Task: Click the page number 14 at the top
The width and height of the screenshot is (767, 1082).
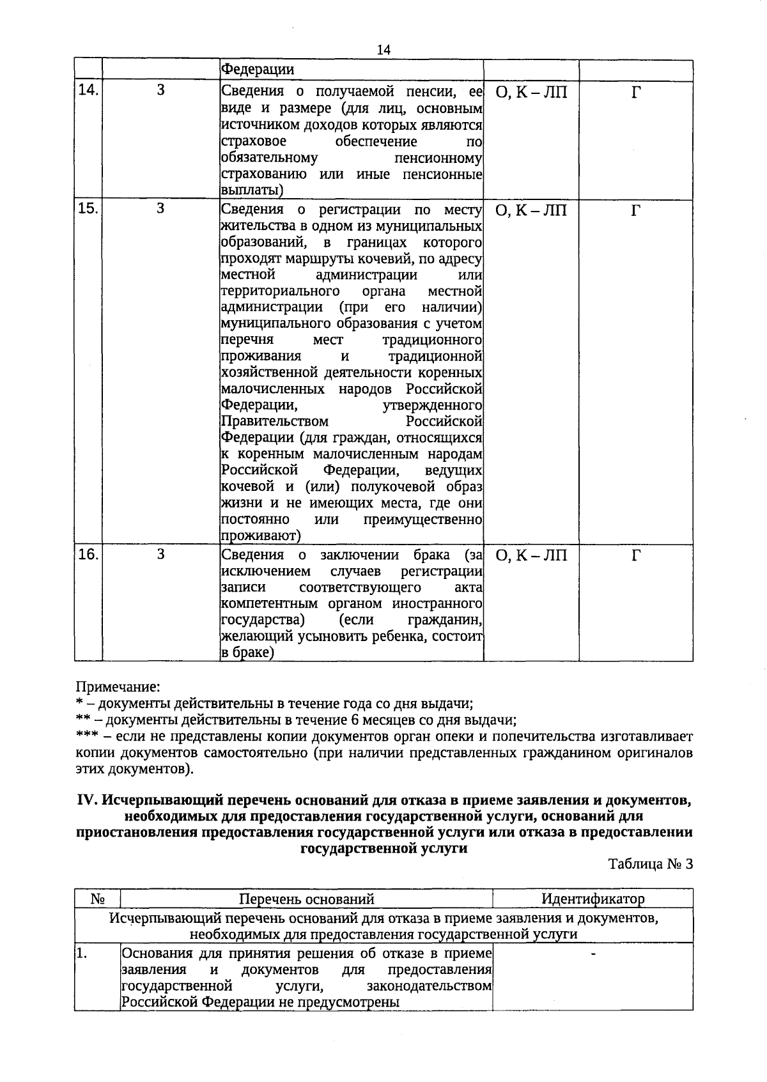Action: click(x=383, y=50)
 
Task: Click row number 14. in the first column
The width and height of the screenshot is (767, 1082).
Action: click(x=88, y=90)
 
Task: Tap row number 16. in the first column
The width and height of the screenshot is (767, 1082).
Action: click(x=88, y=554)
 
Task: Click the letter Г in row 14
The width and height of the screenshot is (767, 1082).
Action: click(x=635, y=93)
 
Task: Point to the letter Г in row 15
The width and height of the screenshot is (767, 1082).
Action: click(x=635, y=211)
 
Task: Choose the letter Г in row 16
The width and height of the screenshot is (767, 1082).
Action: click(x=635, y=556)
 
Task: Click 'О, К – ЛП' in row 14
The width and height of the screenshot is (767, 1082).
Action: click(x=531, y=93)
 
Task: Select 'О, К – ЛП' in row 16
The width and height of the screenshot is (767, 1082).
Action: click(x=531, y=556)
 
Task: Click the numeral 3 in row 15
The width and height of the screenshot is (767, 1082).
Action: click(x=160, y=209)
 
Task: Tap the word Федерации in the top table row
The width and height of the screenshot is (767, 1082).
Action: click(x=258, y=70)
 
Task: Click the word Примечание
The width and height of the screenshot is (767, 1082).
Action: click(x=118, y=687)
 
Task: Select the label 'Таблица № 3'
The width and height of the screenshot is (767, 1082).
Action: click(x=651, y=864)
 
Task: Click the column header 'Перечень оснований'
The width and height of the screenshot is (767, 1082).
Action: click(x=306, y=899)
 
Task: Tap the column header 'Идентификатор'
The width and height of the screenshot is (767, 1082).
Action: click(x=593, y=899)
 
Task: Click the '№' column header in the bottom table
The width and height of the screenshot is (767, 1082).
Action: click(x=97, y=899)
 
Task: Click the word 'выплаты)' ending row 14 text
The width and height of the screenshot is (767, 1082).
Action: click(x=252, y=190)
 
